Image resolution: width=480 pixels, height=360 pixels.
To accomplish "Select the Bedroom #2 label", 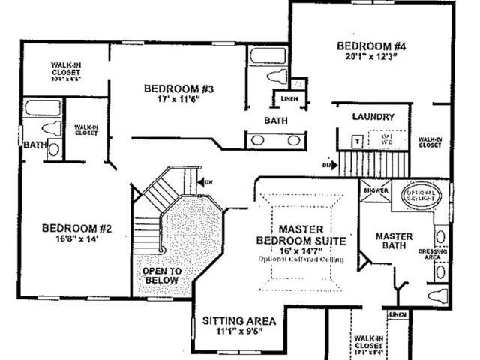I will pyautogui.click(x=76, y=228).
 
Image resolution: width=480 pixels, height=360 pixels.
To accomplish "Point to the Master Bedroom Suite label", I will pyautogui.click(x=301, y=234).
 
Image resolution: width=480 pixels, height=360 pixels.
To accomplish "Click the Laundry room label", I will pyautogui.click(x=373, y=117).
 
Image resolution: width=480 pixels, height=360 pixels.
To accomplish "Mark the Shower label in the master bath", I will pyautogui.click(x=374, y=190).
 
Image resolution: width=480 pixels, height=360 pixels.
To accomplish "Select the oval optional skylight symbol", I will pyautogui.click(x=424, y=196).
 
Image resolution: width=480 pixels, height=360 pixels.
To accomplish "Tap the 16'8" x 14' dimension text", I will pyautogui.click(x=76, y=239).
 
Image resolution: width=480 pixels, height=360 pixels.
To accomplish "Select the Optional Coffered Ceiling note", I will pyautogui.click(x=301, y=259).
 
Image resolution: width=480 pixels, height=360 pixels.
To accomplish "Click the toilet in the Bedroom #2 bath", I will pyautogui.click(x=52, y=146).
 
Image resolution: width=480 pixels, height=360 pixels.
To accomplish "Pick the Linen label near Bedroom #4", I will pyautogui.click(x=288, y=98).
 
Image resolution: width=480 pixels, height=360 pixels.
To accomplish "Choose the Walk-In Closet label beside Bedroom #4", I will pyautogui.click(x=430, y=142).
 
